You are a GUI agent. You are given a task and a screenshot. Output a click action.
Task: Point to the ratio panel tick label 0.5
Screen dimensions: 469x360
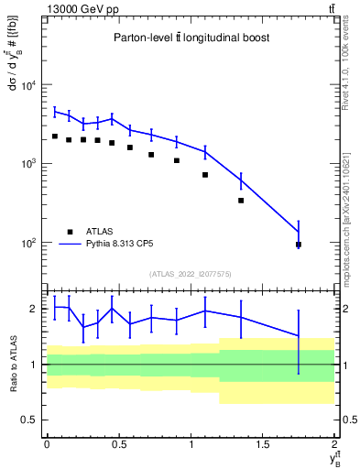tap(28, 420)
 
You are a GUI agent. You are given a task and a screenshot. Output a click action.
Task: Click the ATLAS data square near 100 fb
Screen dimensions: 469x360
tap(299, 245)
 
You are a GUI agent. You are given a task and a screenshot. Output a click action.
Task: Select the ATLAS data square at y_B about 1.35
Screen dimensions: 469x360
tap(241, 200)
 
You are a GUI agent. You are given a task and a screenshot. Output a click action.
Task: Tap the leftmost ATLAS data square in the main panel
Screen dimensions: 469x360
tap(55, 136)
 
